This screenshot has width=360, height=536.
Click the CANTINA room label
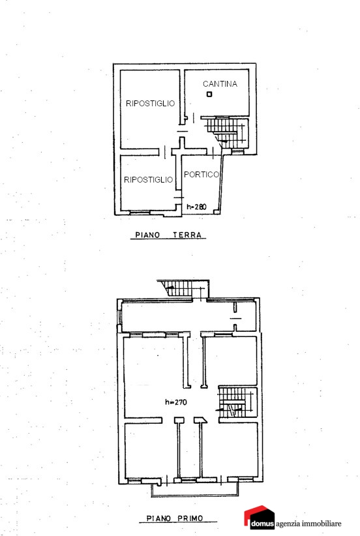point(220,83)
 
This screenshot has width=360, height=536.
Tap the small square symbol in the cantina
point(209,94)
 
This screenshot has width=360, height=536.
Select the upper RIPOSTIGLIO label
point(151,103)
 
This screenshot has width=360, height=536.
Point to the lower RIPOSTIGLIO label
point(149,179)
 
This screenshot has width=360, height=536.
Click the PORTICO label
point(202,174)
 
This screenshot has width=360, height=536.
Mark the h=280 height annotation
point(196,207)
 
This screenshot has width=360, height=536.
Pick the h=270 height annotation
point(176,402)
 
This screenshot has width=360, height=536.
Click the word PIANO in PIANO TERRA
point(147,235)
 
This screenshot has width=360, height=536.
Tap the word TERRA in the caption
point(187,235)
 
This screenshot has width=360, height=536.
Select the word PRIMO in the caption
point(190,518)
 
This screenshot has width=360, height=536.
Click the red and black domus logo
point(259,518)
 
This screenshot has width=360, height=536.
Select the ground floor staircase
point(226,132)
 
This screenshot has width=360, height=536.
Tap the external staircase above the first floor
point(183,290)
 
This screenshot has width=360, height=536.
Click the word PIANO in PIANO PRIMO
point(158,518)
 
